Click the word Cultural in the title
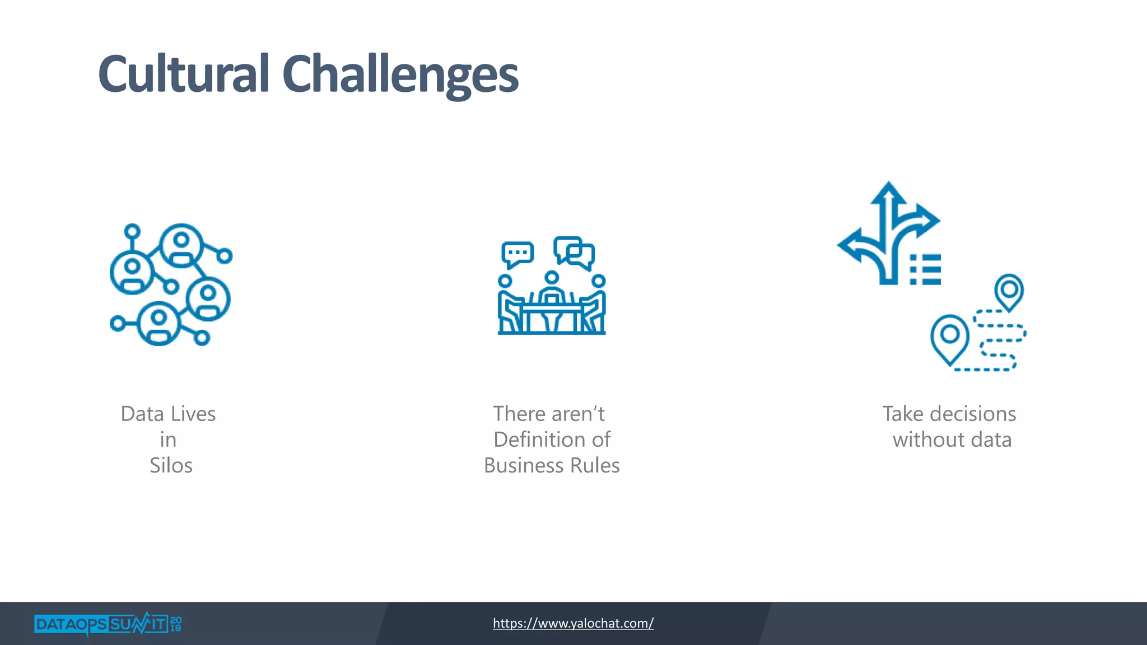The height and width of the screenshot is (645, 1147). click(184, 74)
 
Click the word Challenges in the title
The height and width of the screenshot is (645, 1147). click(400, 76)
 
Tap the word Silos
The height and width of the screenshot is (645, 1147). click(171, 466)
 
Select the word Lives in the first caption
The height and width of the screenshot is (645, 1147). click(193, 414)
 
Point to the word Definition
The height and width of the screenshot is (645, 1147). click(537, 440)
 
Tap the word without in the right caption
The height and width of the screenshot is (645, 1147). click(929, 440)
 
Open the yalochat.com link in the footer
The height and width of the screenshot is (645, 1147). click(573, 623)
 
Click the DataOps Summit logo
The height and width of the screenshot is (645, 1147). click(101, 624)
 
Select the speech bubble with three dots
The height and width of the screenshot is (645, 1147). click(517, 254)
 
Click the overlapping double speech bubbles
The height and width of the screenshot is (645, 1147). click(574, 251)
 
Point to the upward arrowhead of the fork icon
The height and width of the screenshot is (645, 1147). click(888, 193)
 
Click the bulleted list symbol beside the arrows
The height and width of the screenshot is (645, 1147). click(925, 269)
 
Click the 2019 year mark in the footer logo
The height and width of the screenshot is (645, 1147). click(175, 624)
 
